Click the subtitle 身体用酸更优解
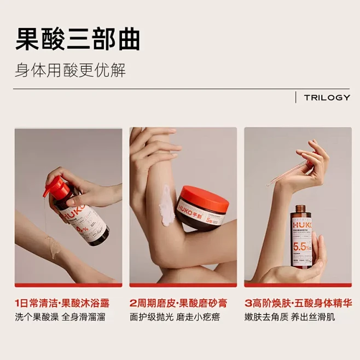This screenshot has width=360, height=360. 70,71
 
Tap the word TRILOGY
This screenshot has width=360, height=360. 327,97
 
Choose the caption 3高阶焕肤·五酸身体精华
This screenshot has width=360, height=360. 298,303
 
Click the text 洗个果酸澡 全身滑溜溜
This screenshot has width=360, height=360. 60,317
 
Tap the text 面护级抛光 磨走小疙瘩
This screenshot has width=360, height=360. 175,317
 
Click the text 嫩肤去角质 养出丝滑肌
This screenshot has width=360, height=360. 290,317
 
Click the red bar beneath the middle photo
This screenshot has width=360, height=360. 183,284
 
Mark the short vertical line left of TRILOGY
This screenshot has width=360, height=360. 296,97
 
